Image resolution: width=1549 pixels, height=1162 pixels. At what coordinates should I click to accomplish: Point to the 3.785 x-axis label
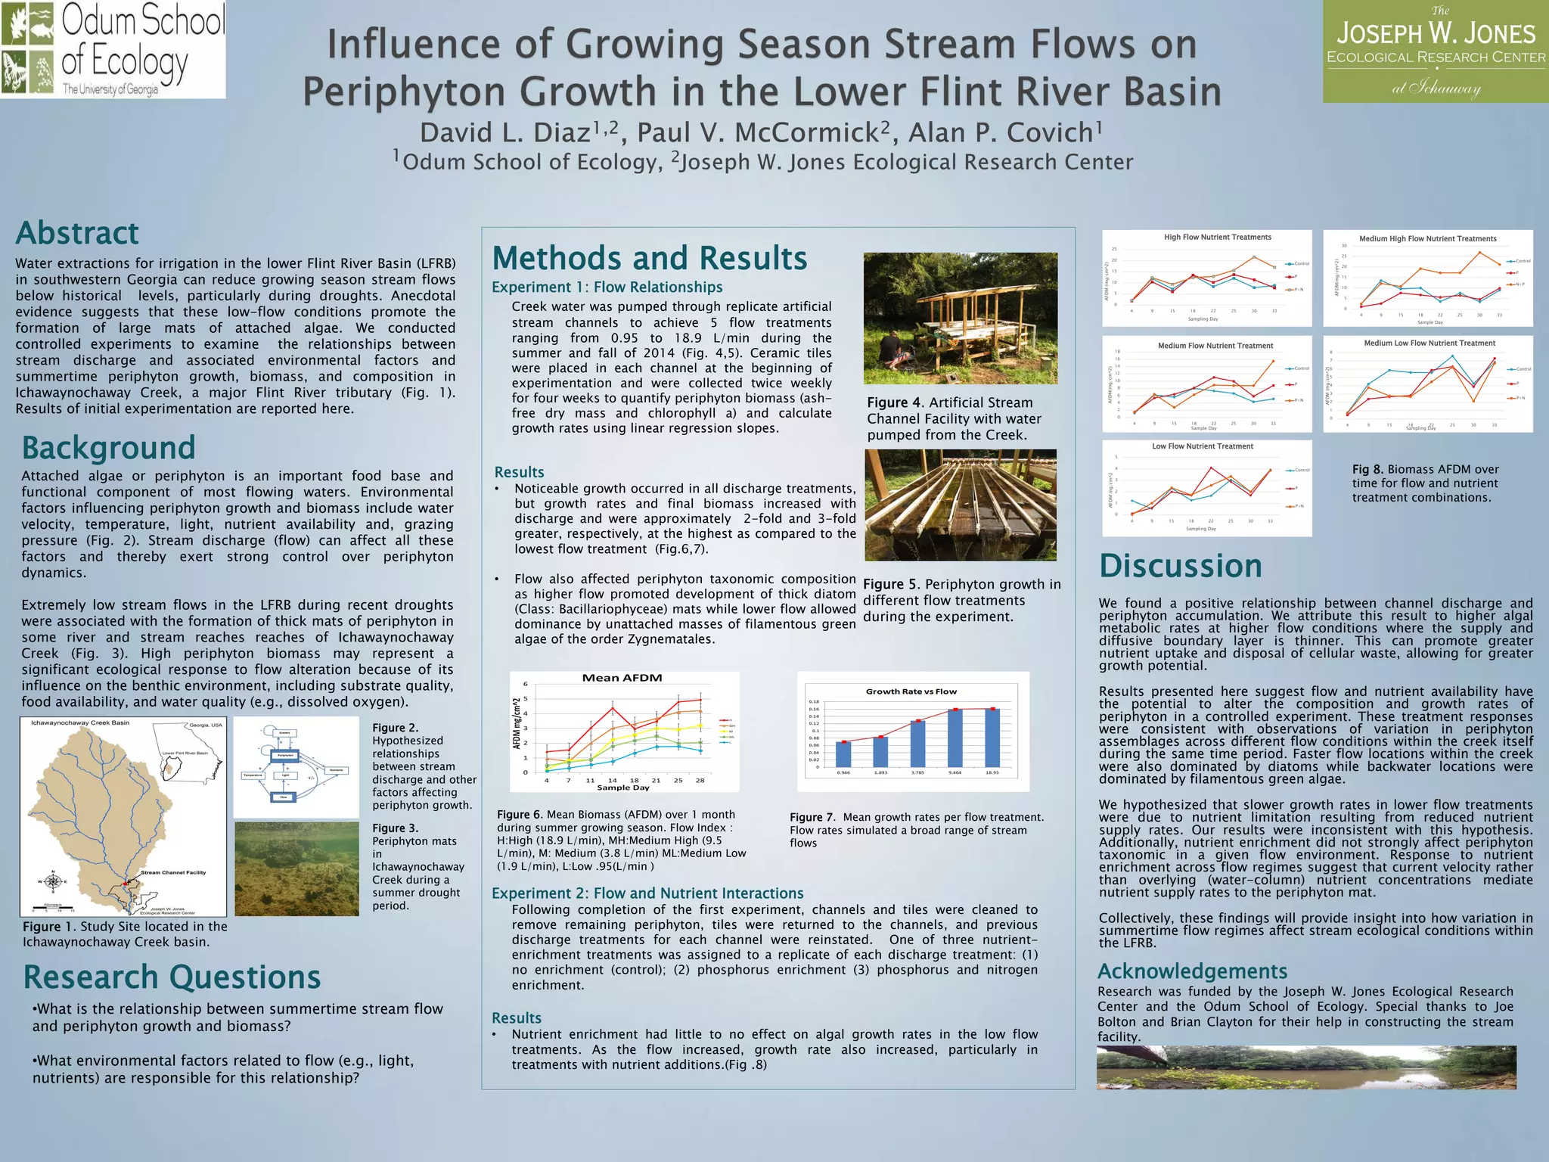click(x=917, y=772)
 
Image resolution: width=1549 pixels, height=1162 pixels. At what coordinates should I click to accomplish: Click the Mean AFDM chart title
click(x=622, y=678)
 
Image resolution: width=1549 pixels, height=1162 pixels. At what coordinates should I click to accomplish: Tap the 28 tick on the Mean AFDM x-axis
click(x=700, y=780)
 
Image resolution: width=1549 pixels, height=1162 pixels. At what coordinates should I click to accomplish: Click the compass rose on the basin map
click(x=52, y=881)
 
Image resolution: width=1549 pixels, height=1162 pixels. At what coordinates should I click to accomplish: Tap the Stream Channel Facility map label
click(x=173, y=872)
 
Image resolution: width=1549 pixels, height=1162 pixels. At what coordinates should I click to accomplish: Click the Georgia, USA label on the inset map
click(x=206, y=725)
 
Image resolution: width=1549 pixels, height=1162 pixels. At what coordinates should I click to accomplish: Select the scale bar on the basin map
click(x=52, y=906)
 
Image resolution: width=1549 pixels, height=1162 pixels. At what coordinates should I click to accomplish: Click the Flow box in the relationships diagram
click(x=284, y=797)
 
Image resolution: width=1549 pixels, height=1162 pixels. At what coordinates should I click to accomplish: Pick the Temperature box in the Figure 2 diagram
click(x=253, y=775)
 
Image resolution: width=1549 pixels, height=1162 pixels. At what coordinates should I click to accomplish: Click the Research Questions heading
click(x=172, y=977)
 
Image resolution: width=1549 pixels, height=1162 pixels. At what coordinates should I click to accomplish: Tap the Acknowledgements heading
click(x=1192, y=971)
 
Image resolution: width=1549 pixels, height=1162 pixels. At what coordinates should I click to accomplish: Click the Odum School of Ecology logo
click(x=113, y=49)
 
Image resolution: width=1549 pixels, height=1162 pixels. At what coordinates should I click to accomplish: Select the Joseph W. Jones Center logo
click(x=1436, y=51)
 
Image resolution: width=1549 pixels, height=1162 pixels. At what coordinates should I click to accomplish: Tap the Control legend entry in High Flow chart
click(x=1299, y=264)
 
